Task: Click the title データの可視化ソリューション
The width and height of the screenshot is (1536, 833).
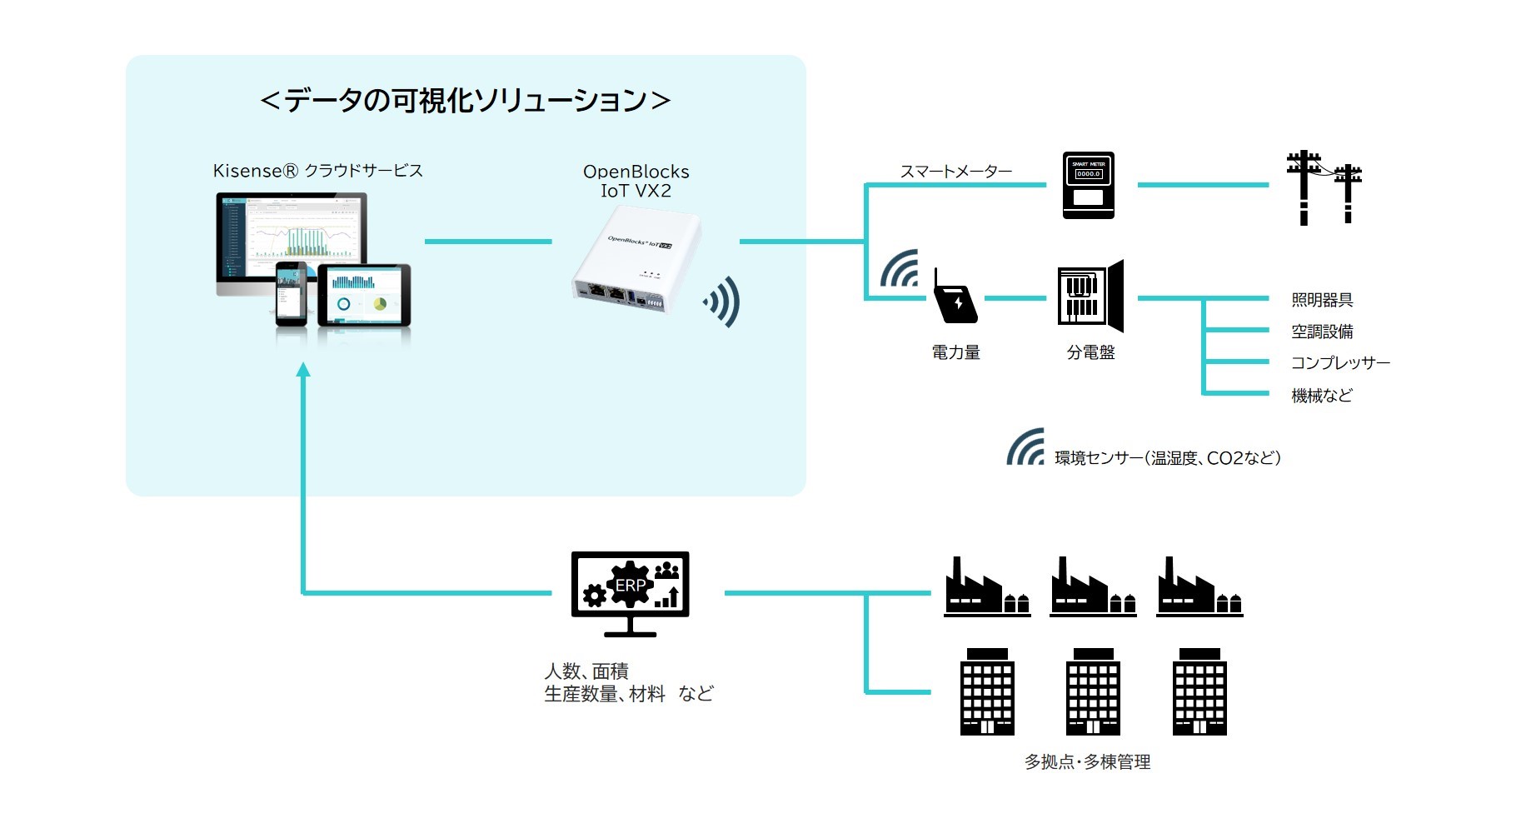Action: pos(465,101)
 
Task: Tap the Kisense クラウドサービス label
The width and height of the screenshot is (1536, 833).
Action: pos(317,171)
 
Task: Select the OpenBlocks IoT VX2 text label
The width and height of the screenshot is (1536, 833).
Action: pos(636,181)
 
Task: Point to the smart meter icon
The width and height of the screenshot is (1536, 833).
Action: pos(1088,185)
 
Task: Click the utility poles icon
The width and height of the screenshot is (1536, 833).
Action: pos(1324,187)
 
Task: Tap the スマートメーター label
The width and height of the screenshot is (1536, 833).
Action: pos(955,172)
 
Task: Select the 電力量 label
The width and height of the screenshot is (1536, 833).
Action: pos(955,352)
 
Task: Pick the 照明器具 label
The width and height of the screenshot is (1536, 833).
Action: pos(1322,300)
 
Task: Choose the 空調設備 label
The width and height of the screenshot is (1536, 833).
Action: pos(1322,332)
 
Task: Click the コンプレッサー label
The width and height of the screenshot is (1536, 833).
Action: pos(1339,363)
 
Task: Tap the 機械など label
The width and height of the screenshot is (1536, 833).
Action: pos(1322,396)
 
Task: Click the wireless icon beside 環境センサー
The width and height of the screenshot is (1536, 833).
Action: pos(1025,447)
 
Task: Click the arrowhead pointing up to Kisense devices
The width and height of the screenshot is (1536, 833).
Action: pos(303,369)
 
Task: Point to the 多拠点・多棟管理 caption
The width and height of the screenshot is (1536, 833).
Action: pos(1087,761)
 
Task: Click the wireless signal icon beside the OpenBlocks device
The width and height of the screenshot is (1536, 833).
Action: pos(722,302)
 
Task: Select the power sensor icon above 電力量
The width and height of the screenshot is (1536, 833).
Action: pos(955,297)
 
